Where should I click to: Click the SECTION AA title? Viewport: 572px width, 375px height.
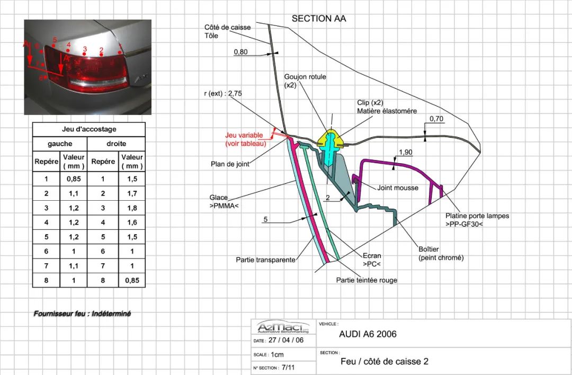point(318,19)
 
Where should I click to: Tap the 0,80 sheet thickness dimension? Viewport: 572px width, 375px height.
point(241,52)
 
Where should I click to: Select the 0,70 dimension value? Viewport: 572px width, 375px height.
point(436,119)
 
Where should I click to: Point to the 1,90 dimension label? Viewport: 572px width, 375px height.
point(406,153)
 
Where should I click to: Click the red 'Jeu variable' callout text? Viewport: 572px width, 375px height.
point(246,139)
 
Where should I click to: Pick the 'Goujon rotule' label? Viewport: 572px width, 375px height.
point(305,81)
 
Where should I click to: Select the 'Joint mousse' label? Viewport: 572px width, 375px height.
point(398,188)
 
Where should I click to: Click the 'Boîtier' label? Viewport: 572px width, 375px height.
point(428,249)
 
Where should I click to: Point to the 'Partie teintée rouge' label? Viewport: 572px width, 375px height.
point(367,280)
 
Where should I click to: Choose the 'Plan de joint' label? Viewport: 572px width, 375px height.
point(230,164)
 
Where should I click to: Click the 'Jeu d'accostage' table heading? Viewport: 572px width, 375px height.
point(89,129)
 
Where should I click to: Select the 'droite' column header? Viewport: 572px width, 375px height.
point(117,144)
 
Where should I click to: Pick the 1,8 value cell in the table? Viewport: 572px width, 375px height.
point(132,208)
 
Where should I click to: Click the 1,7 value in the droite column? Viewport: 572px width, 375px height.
point(132,193)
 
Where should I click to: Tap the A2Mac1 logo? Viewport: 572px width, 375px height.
point(283,326)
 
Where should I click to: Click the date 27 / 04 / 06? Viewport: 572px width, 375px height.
point(286,341)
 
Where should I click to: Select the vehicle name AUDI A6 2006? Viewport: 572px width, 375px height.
point(368,334)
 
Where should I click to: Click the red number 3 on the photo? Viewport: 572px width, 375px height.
point(85,49)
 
